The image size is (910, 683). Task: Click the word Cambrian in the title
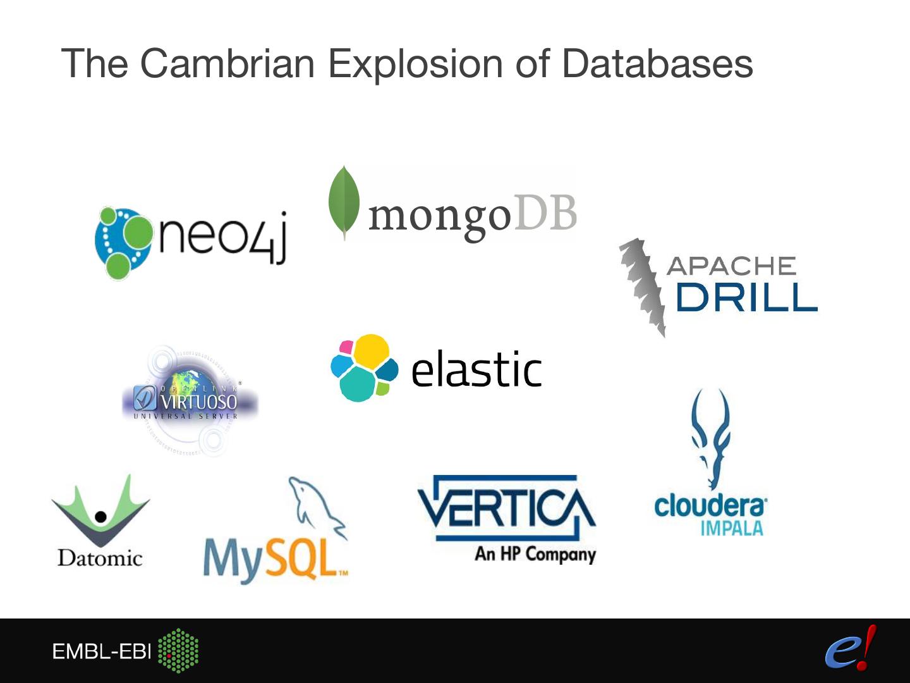click(x=227, y=63)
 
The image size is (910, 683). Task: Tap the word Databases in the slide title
click(x=657, y=63)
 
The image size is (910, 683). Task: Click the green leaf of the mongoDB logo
click(x=344, y=202)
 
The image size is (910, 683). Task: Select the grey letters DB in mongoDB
click(x=545, y=213)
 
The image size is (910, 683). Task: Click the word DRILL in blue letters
click(x=746, y=297)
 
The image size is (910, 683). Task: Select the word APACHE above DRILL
click(x=731, y=266)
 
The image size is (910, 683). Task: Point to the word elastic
click(x=476, y=369)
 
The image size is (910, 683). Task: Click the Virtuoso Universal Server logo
click(x=189, y=400)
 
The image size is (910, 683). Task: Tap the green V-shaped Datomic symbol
click(x=100, y=510)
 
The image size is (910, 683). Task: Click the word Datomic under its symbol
click(x=100, y=558)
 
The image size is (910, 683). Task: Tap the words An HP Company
click(x=535, y=554)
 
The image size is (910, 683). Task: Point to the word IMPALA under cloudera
click(x=731, y=529)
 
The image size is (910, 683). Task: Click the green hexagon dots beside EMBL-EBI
click(x=178, y=650)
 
